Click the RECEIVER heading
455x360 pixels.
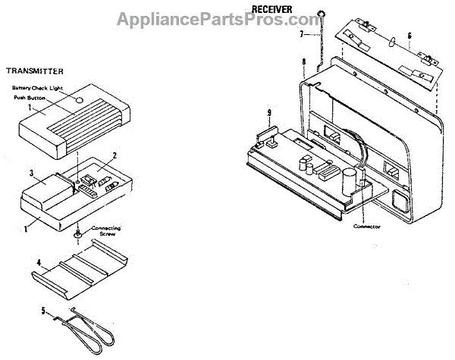272,9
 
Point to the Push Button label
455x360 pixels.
30,98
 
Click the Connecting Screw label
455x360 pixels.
105,230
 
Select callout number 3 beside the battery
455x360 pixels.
32,174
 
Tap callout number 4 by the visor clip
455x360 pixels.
37,262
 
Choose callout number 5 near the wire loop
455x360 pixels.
44,310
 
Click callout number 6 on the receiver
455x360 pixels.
409,35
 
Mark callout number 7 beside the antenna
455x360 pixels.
300,34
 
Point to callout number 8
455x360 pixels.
303,60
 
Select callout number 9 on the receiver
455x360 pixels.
268,114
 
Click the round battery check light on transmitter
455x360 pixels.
80,99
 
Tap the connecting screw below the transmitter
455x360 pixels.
78,235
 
